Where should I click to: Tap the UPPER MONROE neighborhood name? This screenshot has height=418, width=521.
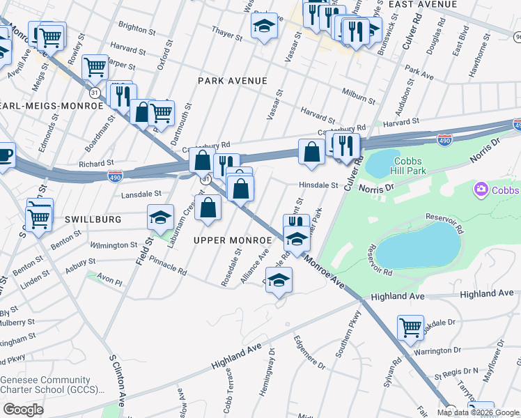point(232,240)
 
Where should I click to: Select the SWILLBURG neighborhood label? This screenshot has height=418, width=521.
point(93,219)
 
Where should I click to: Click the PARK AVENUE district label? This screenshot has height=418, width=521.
point(232,81)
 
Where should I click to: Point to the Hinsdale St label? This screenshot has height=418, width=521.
point(318,185)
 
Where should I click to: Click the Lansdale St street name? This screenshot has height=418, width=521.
point(143,194)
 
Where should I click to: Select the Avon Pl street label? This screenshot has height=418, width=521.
point(109,283)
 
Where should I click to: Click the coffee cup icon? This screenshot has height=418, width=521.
point(4,155)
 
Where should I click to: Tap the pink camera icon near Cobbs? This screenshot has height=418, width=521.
point(480,189)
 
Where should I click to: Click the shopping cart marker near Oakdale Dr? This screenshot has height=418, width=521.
point(410,327)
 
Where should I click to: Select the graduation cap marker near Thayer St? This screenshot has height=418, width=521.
point(264,26)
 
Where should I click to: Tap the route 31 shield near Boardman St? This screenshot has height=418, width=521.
point(95,91)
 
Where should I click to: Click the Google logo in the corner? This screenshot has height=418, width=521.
point(23,410)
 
